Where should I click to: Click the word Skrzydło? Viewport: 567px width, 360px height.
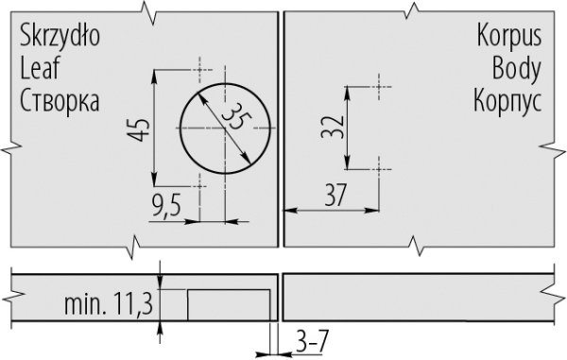[x=60, y=36]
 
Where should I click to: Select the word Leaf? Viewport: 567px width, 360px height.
[x=40, y=68]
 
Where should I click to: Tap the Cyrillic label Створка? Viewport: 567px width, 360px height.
[x=60, y=100]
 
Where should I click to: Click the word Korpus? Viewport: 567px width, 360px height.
[x=509, y=36]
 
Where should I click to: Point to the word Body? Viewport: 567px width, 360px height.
[x=516, y=69]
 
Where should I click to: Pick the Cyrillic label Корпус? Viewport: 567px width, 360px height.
[x=507, y=101]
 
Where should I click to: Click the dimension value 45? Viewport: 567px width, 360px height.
[x=139, y=129]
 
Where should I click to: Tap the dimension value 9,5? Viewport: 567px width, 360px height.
[x=166, y=206]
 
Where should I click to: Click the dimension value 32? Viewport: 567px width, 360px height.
[x=333, y=127]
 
